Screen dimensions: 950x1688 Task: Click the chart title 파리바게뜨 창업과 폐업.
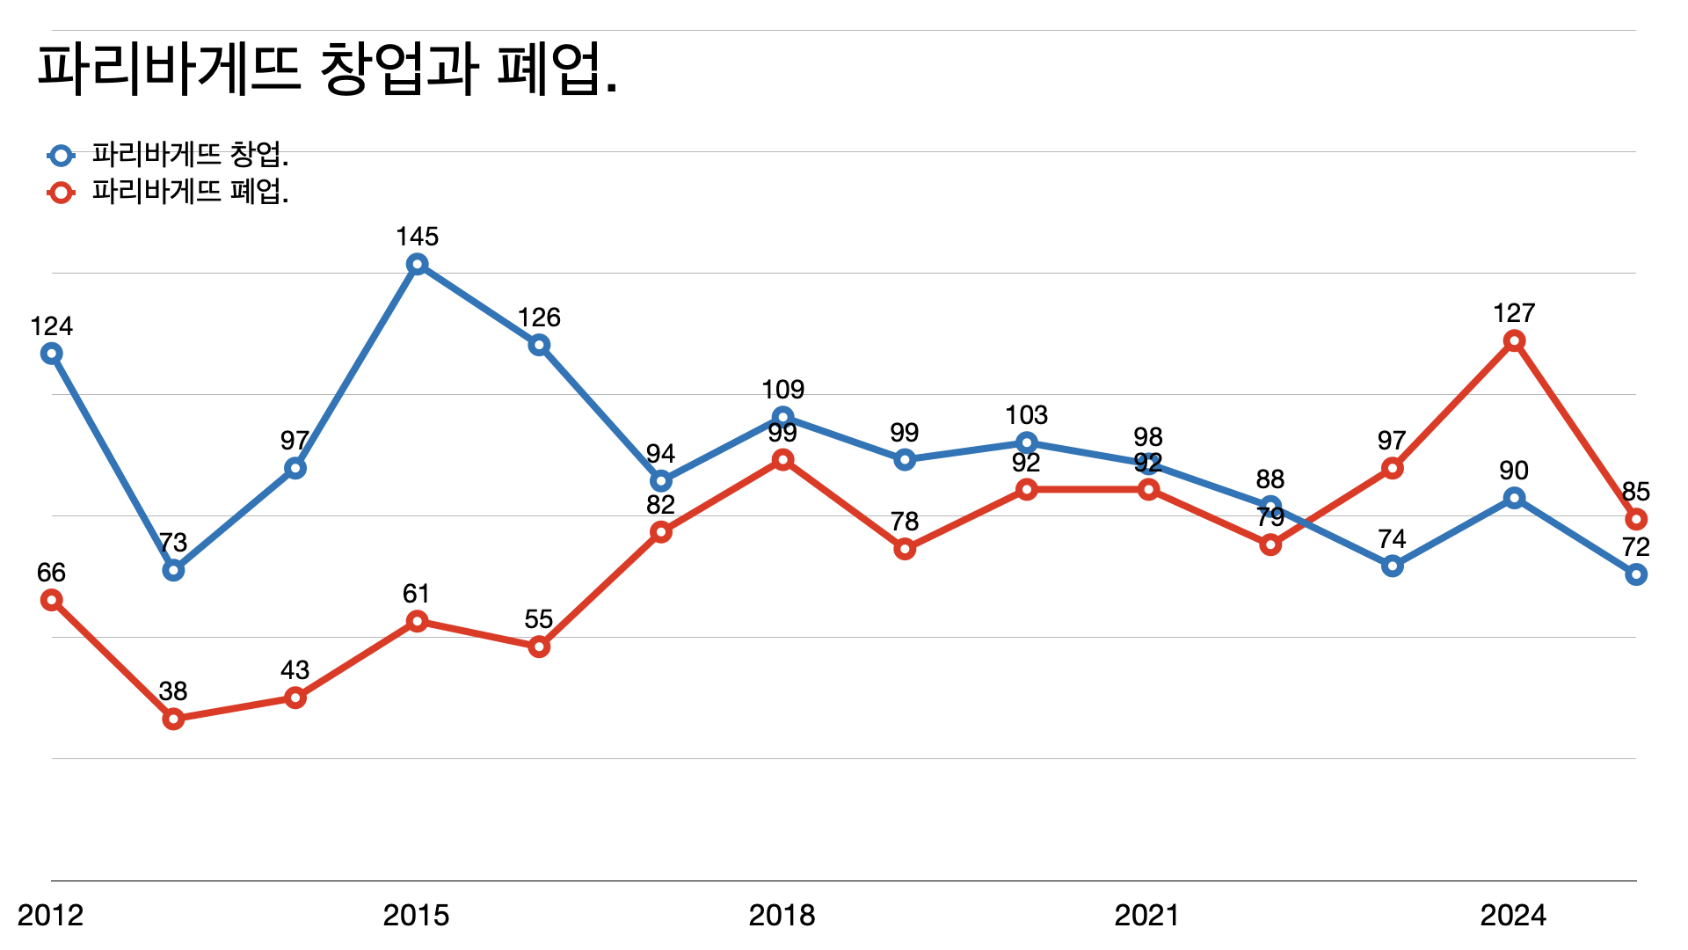click(x=327, y=69)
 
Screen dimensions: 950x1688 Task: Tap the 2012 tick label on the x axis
click(x=50, y=916)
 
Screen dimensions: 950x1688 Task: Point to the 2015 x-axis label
click(x=416, y=916)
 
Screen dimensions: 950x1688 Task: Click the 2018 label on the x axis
click(x=782, y=916)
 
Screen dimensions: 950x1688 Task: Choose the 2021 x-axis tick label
click(x=1147, y=916)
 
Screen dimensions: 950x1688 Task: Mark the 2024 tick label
click(x=1513, y=916)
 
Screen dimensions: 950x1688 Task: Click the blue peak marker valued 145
click(x=418, y=264)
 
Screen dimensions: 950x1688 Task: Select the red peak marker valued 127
click(x=1514, y=341)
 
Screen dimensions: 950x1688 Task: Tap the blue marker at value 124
click(x=52, y=354)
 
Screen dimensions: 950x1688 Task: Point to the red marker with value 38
click(x=174, y=719)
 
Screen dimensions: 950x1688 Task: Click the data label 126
click(x=539, y=318)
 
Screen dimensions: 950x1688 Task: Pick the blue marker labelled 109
click(x=782, y=417)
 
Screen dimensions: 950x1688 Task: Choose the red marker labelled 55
click(x=539, y=647)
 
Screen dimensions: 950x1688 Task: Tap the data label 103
click(x=1027, y=415)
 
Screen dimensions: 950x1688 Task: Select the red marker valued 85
click(x=1635, y=519)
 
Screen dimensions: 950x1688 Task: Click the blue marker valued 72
click(x=1635, y=574)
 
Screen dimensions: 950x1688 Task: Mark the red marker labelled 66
click(x=52, y=600)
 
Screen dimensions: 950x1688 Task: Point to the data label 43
click(x=295, y=670)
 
